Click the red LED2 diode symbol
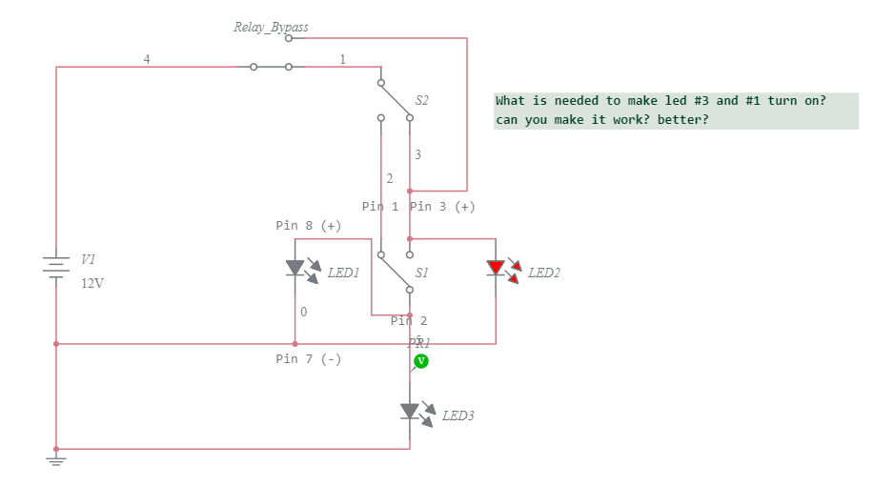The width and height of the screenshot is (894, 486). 496,268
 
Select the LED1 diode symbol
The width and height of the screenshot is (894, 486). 295,268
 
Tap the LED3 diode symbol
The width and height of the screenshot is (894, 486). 410,411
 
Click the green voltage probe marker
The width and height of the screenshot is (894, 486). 420,361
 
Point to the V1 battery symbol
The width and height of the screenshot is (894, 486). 57,267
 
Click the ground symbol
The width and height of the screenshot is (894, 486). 56,461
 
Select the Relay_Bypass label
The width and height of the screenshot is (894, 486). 271,27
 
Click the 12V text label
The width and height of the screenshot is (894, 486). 91,283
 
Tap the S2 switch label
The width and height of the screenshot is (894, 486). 421,100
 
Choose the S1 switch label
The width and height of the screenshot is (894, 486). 421,273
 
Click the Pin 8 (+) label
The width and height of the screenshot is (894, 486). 308,226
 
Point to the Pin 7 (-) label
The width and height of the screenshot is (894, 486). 308,359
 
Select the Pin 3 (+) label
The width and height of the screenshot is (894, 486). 442,206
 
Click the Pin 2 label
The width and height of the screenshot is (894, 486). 409,321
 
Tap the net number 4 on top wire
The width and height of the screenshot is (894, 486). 147,59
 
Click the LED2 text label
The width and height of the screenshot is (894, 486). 544,273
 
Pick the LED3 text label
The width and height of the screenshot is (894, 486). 458,415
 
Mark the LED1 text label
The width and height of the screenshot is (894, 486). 344,273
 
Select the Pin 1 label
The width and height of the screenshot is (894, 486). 380,206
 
